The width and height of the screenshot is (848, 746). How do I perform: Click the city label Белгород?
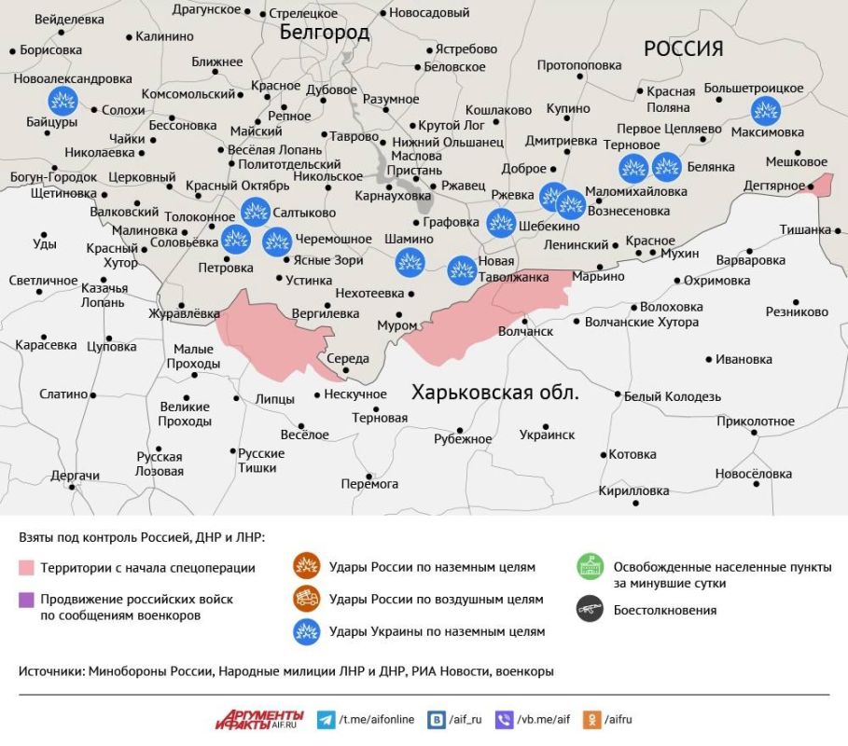(325, 33)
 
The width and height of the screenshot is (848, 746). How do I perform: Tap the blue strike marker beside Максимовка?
(766, 110)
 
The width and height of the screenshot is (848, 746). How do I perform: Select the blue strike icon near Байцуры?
(63, 100)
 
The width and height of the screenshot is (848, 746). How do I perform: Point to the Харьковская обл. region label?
(495, 393)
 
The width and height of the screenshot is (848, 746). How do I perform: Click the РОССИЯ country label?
(684, 48)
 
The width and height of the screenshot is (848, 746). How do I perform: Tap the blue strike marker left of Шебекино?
(501, 222)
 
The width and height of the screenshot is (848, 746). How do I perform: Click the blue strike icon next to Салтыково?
(255, 212)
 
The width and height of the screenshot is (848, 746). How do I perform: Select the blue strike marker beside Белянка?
(666, 167)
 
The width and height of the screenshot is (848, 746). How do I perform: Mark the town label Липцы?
(274, 399)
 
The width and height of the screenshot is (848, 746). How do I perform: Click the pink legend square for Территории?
(26, 567)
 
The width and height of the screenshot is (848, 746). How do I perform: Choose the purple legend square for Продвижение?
(26, 599)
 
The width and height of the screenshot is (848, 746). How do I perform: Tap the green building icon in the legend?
(590, 567)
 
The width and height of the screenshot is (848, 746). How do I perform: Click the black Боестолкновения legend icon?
(590, 611)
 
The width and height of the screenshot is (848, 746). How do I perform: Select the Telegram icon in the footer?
(326, 720)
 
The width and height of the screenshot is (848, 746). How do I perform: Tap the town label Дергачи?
(75, 476)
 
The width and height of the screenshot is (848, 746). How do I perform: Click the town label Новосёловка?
(753, 474)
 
